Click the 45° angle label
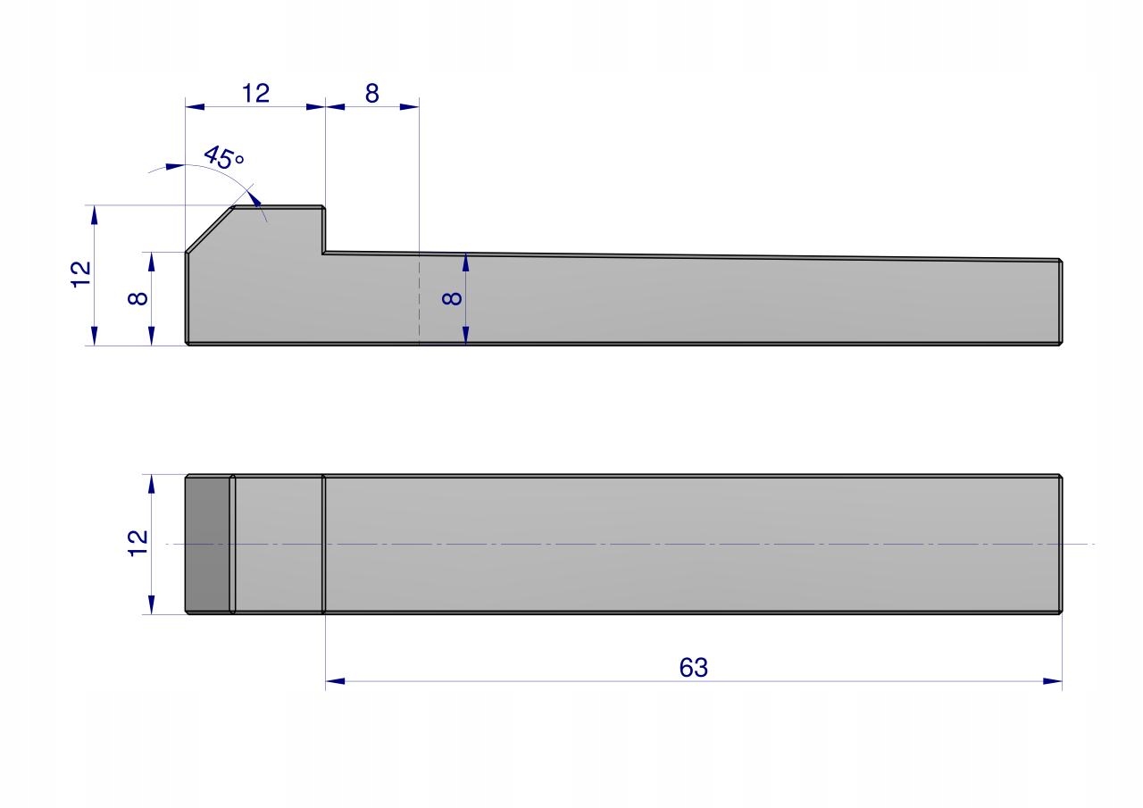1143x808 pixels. (x=224, y=158)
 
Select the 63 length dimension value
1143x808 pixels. (x=694, y=668)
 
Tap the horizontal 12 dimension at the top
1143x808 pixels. (x=255, y=94)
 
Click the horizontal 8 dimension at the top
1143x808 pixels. (x=372, y=94)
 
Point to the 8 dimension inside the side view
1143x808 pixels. (x=452, y=298)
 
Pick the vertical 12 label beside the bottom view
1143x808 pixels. (x=138, y=543)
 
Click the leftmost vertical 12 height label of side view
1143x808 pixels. (x=80, y=274)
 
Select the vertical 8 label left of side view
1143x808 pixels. (x=138, y=298)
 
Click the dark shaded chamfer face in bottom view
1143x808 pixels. (x=207, y=545)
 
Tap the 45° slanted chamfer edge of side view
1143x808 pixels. (x=209, y=229)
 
